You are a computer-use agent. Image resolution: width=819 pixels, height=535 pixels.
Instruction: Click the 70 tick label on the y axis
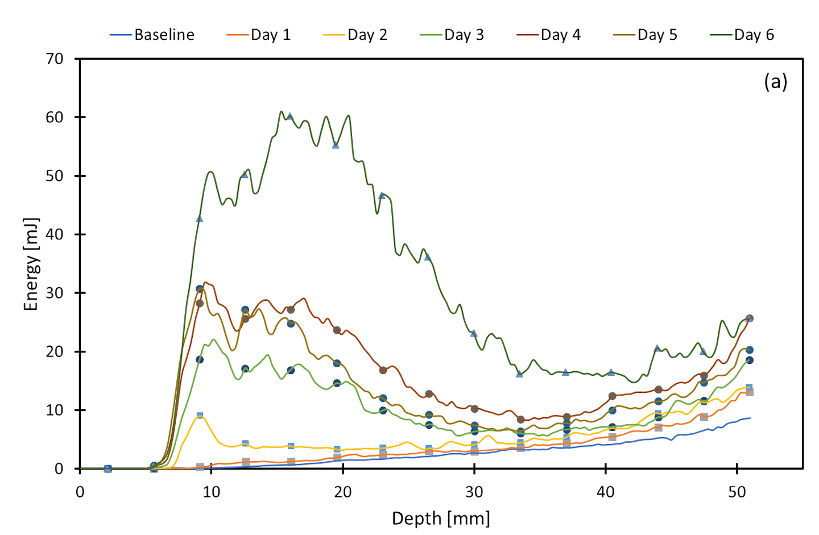click(x=55, y=59)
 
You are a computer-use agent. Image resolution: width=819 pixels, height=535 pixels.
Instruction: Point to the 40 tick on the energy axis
click(x=55, y=234)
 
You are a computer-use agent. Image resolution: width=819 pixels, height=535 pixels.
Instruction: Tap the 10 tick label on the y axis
click(x=55, y=410)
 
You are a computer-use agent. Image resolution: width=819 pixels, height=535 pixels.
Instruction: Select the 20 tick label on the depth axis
click(x=342, y=492)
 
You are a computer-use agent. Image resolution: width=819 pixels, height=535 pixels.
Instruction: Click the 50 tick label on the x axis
click(x=737, y=492)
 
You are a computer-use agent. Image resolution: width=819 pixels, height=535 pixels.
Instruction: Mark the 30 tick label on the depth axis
click(x=474, y=492)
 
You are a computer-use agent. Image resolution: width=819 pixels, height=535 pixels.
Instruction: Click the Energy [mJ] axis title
click(x=31, y=264)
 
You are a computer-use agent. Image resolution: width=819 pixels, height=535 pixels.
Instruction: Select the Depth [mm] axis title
click(x=441, y=519)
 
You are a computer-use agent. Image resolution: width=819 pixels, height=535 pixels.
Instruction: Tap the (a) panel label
click(x=775, y=82)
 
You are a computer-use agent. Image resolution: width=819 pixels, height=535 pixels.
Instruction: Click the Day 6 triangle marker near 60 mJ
click(x=289, y=116)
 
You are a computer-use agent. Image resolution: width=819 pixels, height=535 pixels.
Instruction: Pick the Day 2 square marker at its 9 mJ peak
click(x=200, y=416)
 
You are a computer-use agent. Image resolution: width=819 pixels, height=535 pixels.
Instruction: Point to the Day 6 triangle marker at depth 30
click(x=474, y=333)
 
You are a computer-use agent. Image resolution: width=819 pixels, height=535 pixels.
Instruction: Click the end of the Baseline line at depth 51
click(x=750, y=418)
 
